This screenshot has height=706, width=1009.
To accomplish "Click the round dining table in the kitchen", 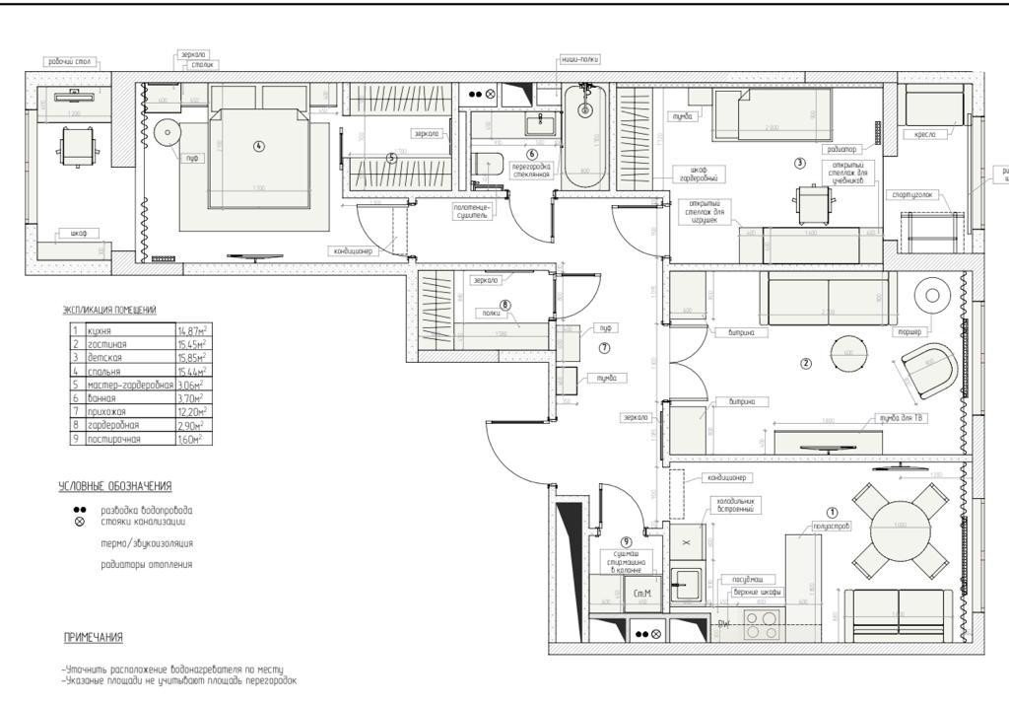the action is click(900, 525).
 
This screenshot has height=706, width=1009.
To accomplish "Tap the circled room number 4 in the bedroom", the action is click(259, 146).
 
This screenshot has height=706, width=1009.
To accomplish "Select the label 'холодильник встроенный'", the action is click(733, 504).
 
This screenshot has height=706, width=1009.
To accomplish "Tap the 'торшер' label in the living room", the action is click(908, 332).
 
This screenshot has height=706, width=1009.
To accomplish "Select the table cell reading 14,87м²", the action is click(192, 330).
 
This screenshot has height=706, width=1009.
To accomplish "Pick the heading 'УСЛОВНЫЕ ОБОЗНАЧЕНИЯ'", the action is click(115, 486).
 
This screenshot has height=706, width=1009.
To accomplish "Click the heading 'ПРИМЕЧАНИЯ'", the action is click(94, 638).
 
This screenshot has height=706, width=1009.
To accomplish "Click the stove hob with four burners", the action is click(762, 624).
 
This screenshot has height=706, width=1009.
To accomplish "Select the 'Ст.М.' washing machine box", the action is click(641, 594).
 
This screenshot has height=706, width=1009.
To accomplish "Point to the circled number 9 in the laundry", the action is click(626, 542).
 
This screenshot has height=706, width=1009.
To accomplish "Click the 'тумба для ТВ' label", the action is click(903, 419).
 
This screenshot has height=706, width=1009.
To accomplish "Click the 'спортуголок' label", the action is click(909, 194).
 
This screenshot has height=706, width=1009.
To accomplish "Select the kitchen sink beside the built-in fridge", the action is click(686, 584).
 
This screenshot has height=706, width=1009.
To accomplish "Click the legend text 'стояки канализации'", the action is click(142, 523).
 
